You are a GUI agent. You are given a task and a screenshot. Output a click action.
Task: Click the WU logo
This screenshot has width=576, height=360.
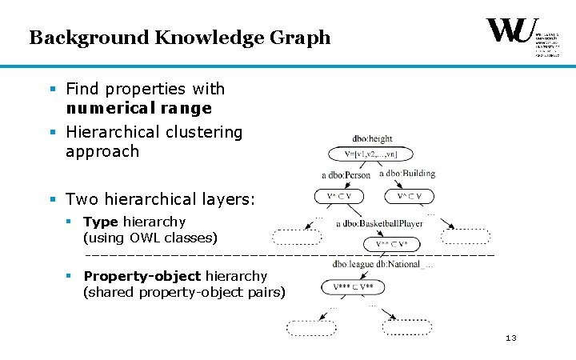[x=512, y=33]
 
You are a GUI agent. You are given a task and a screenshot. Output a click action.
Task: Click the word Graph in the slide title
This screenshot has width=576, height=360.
[x=301, y=38]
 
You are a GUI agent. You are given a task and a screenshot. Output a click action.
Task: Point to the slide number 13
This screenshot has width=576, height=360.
[x=511, y=338]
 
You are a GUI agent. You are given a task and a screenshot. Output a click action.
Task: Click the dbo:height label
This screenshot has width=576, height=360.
[x=372, y=139]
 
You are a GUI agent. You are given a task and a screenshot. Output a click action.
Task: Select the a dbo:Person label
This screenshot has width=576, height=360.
[x=346, y=174]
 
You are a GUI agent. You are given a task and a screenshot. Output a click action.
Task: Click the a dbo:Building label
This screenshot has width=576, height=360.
[x=407, y=173]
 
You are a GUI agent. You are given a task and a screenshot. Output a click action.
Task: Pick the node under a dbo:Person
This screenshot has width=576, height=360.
[x=333, y=196]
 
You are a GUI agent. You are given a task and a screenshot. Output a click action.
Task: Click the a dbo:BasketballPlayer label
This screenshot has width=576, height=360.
[x=379, y=224]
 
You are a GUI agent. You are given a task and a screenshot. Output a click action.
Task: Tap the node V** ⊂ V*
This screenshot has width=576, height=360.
[x=386, y=243]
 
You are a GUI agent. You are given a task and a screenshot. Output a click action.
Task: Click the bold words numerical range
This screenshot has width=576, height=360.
[x=138, y=108]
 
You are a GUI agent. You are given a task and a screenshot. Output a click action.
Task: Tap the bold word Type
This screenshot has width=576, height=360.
[x=101, y=222]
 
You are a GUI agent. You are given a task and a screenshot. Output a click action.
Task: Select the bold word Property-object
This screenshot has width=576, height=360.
[x=142, y=276]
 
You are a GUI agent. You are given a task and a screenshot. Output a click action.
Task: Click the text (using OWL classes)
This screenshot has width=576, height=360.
[x=150, y=238]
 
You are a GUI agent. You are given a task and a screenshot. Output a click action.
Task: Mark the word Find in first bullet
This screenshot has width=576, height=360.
[x=82, y=89]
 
